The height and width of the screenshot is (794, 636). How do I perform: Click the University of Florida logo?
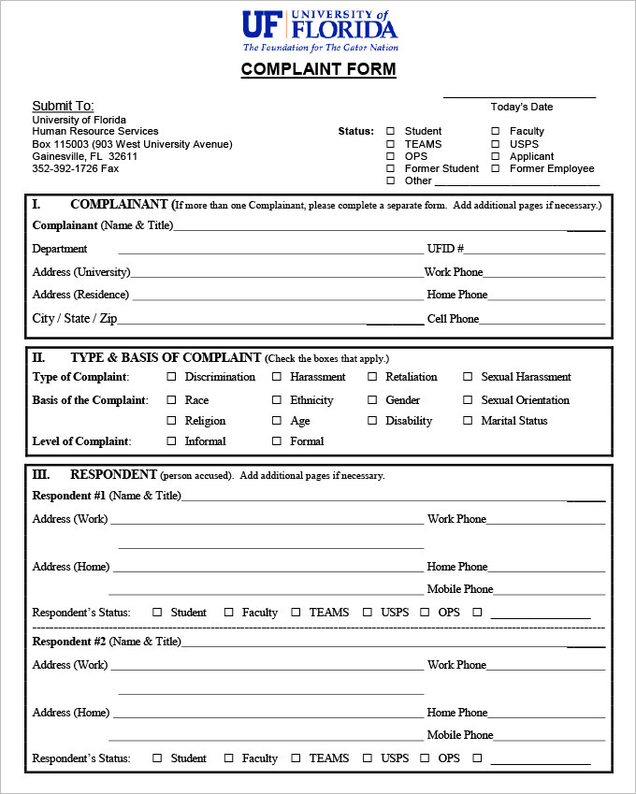click(x=320, y=30)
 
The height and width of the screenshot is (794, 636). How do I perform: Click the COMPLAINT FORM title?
click(x=318, y=69)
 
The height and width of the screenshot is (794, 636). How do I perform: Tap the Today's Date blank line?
click(x=519, y=95)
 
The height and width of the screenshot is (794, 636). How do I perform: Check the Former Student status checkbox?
click(x=391, y=169)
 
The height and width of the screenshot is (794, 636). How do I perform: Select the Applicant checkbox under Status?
click(x=496, y=157)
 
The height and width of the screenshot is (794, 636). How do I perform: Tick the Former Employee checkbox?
click(x=496, y=169)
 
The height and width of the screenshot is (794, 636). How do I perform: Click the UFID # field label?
click(x=445, y=249)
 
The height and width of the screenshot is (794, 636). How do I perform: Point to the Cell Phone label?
click(x=453, y=319)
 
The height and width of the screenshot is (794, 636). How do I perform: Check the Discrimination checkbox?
click(x=171, y=377)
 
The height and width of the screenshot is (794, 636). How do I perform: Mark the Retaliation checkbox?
click(x=372, y=377)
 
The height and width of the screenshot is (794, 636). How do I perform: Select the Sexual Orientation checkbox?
click(x=468, y=400)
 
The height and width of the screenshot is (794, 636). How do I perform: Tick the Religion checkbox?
click(x=171, y=421)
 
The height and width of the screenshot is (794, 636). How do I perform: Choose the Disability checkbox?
click(x=372, y=421)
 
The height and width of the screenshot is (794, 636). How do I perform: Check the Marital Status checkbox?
click(x=468, y=421)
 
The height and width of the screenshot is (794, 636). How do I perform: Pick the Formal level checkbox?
click(x=277, y=440)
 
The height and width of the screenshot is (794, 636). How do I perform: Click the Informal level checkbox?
click(x=171, y=440)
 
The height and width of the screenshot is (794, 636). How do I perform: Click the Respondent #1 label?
click(x=69, y=496)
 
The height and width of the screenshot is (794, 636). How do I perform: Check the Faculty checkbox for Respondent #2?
click(x=228, y=758)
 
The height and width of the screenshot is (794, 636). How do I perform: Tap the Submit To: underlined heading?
click(x=63, y=107)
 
